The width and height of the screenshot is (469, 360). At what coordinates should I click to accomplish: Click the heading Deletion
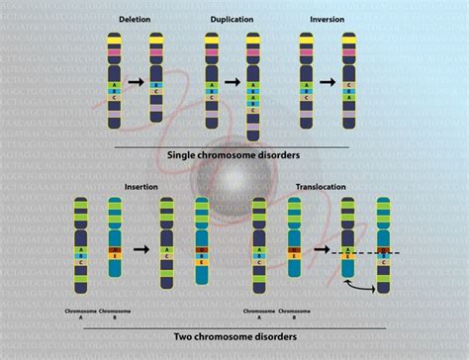pyautogui.click(x=135, y=20)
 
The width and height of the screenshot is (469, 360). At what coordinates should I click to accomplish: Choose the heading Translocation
pyautogui.click(x=319, y=186)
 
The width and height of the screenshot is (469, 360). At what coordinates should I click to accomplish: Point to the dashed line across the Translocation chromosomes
pyautogui.click(x=360, y=255)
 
